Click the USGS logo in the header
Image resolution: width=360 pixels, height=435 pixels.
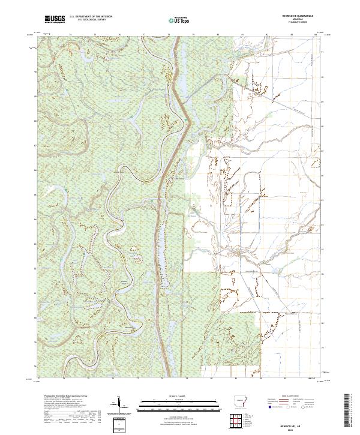(x=55, y=20)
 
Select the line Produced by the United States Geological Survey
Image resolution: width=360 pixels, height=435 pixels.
(x=59, y=396)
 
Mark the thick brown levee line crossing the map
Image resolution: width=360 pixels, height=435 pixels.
(x=161, y=240)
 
